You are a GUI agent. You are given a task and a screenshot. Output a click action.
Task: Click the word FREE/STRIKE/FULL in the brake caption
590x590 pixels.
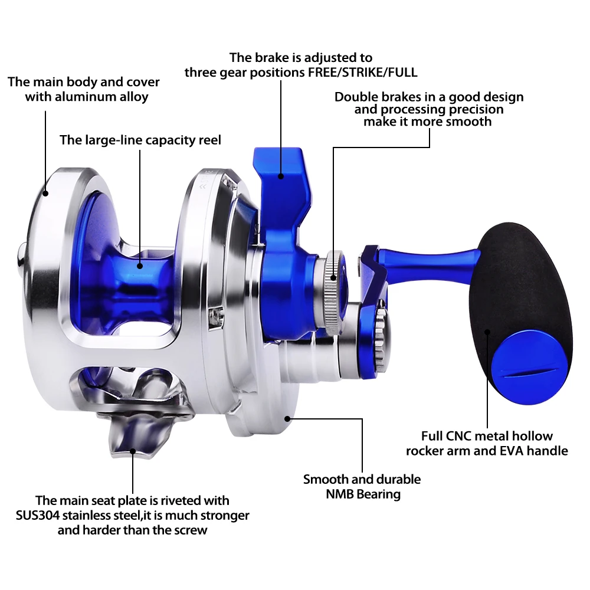pos(363,72)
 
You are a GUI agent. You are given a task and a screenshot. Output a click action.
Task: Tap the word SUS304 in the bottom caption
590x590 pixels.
pos(37,515)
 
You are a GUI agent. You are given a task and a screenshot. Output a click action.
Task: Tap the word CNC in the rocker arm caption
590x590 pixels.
pos(458,436)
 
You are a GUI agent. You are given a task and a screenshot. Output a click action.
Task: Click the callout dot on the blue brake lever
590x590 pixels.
pos(281,176)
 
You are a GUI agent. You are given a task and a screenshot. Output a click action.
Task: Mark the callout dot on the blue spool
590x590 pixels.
pos(140,265)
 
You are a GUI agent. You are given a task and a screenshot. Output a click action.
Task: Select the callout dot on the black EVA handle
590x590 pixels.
pos(487,332)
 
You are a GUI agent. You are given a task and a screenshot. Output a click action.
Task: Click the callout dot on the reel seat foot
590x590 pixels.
pos(132,451)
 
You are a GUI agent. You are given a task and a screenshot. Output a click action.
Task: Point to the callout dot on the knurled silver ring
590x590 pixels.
pos(333,278)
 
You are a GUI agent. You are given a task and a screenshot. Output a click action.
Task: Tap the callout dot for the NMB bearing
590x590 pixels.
pos(287,418)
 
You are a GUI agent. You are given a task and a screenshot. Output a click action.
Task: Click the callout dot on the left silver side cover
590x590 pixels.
pos(45,193)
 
